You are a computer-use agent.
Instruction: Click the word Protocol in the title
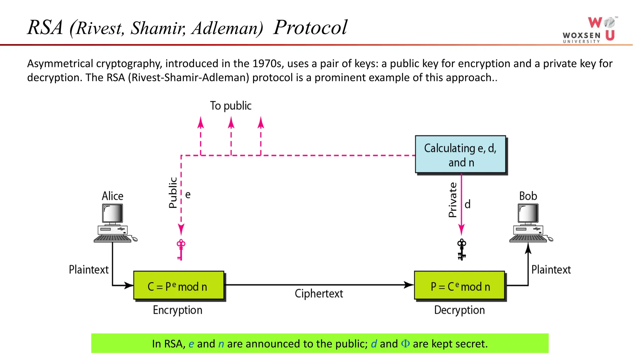[x=310, y=27]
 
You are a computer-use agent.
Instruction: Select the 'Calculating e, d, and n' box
[x=460, y=154]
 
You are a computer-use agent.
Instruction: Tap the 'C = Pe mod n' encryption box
[x=178, y=286]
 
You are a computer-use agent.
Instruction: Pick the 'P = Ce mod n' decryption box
[x=459, y=286]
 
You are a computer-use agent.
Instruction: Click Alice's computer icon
[x=113, y=223]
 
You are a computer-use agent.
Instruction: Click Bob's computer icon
[x=529, y=223]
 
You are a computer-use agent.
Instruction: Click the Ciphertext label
[x=319, y=293]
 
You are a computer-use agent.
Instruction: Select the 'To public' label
[x=231, y=106]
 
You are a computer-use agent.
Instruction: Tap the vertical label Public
[x=173, y=192]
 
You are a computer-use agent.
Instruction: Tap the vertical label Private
[x=452, y=200]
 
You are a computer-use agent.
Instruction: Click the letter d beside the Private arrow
[x=467, y=204]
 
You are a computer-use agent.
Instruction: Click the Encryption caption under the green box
[x=177, y=310]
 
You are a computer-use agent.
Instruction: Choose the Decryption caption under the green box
[x=459, y=310]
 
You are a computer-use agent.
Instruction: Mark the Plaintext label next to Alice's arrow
[x=89, y=269]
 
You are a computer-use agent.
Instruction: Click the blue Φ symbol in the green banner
[x=405, y=344]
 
